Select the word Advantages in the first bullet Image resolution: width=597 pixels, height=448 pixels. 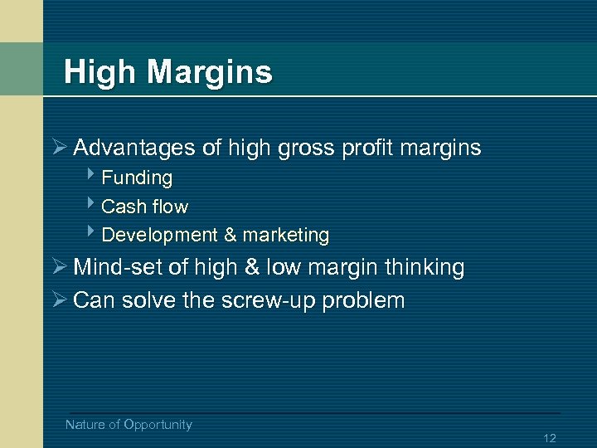tap(135, 149)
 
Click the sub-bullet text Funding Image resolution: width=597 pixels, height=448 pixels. tap(137, 178)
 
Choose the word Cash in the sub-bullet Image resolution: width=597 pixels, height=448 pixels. tap(121, 207)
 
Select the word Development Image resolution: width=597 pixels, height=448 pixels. tap(159, 236)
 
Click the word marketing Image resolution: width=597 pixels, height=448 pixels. tap(286, 236)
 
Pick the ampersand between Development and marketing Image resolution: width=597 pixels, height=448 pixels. tap(231, 236)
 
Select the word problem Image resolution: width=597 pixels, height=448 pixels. tap(364, 301)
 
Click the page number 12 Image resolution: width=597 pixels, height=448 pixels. tap(549, 438)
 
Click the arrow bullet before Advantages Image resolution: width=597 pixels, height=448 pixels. tap(58, 149)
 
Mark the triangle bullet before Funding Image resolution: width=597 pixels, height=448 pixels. tap(90, 176)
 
